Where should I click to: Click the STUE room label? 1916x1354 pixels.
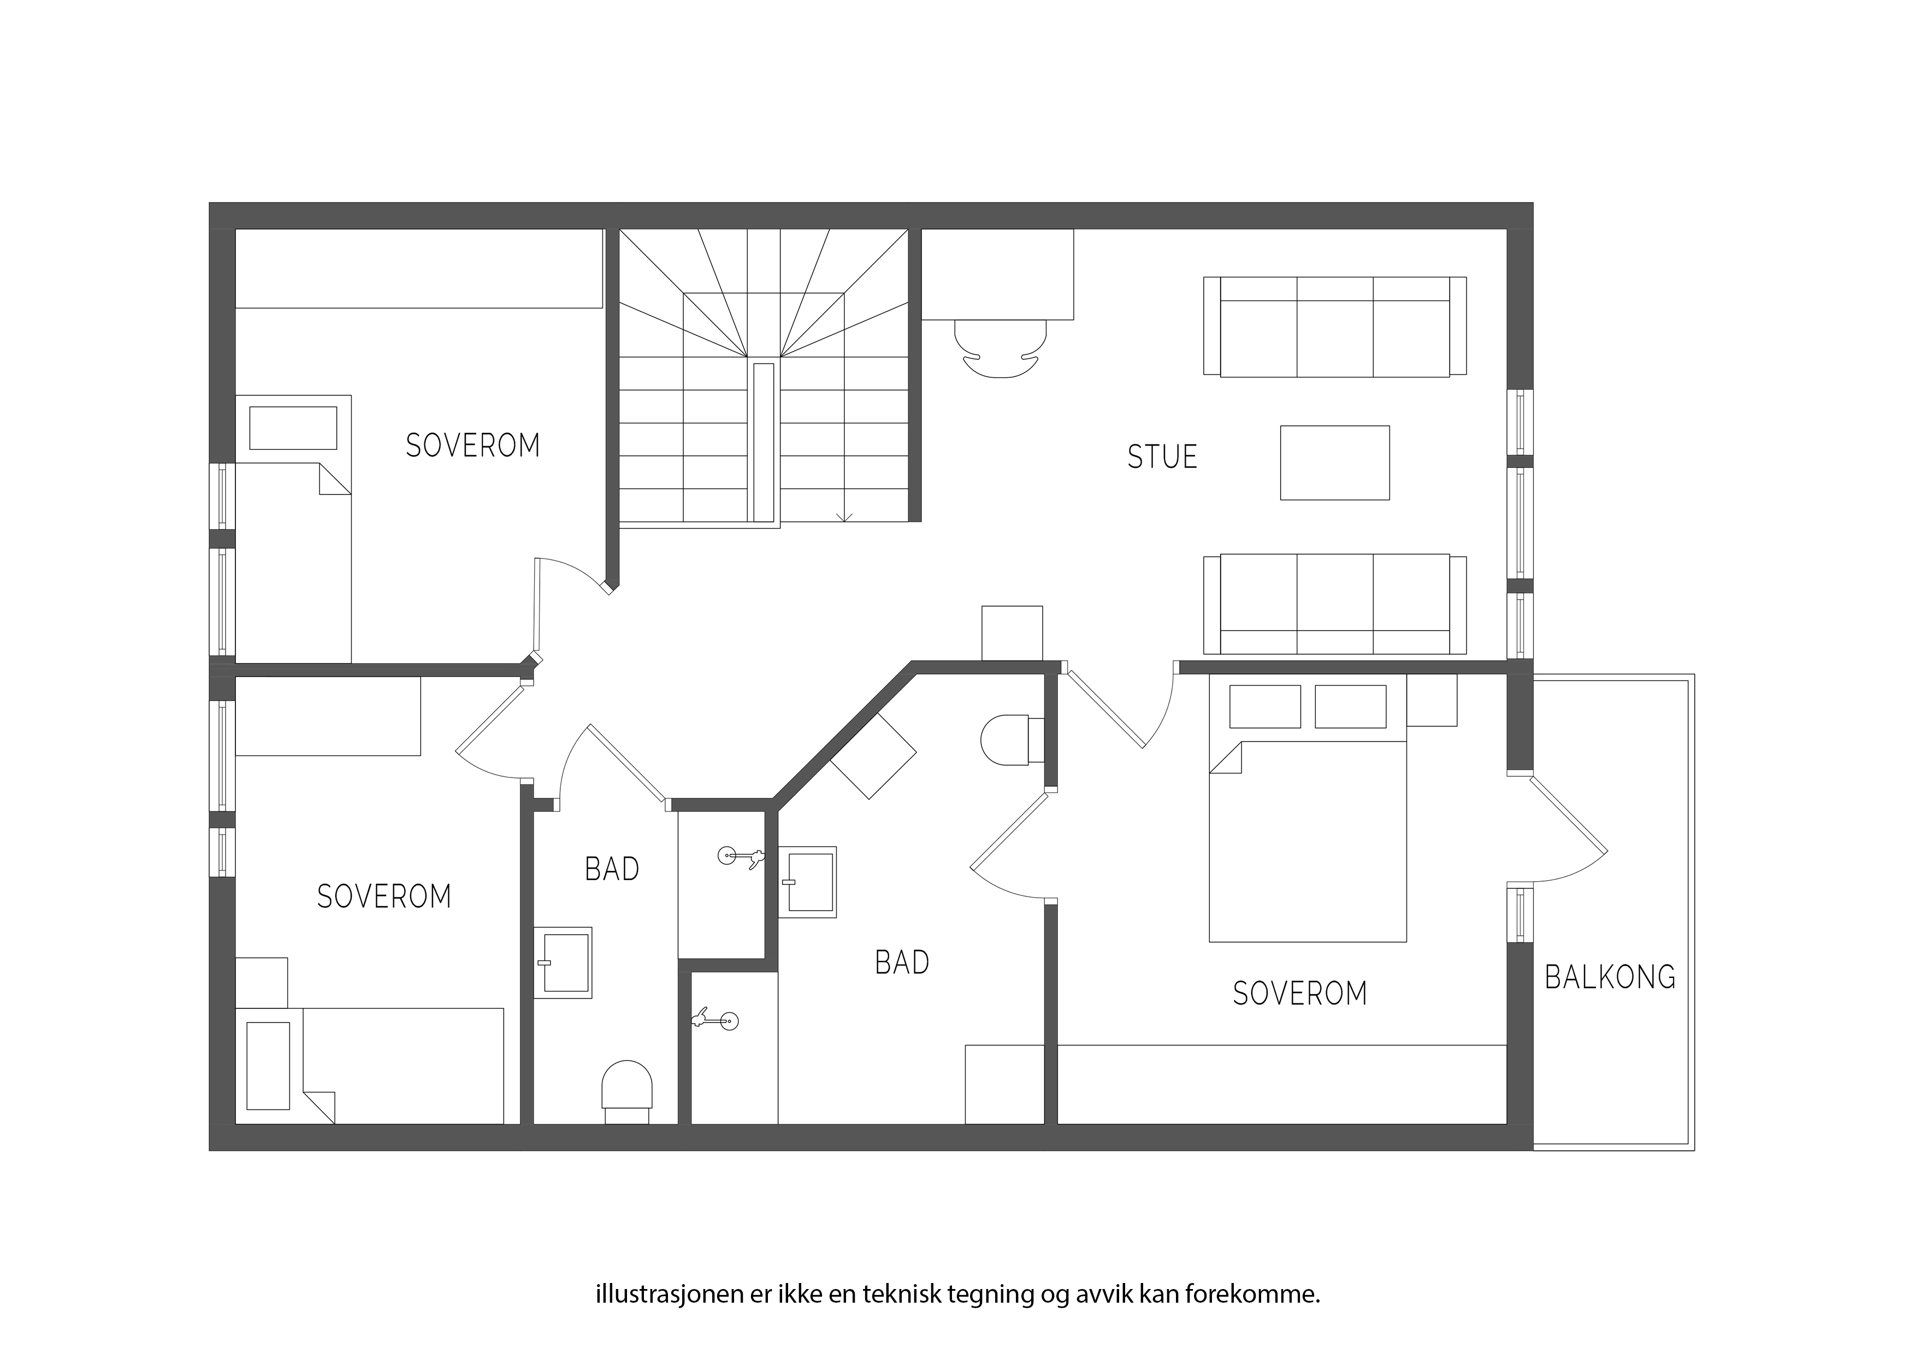point(1162,456)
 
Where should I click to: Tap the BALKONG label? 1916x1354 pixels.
point(1610,977)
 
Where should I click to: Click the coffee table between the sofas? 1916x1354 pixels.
point(1334,463)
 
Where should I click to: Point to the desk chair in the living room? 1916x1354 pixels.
point(1000,349)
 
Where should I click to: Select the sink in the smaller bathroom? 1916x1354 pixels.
point(563,963)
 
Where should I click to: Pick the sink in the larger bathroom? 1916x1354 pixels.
point(807,883)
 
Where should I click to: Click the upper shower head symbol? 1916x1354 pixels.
point(741,856)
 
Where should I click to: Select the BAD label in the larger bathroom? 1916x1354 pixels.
point(902,963)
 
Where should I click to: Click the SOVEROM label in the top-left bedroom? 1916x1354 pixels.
point(472,446)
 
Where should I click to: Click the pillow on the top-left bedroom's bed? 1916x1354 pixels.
point(293,428)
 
